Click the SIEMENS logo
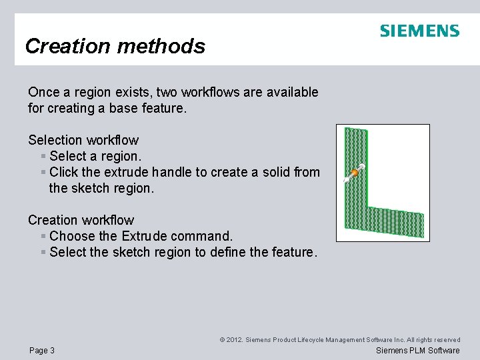click(x=419, y=31)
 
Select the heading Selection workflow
click(x=83, y=140)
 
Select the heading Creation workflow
click(x=81, y=220)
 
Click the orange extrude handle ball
click(x=355, y=173)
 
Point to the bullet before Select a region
click(x=43, y=157)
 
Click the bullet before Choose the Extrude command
click(x=43, y=237)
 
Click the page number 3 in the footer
click(x=52, y=351)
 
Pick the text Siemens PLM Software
click(x=418, y=351)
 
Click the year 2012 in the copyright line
click(x=235, y=340)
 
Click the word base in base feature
click(x=125, y=108)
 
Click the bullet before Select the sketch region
click(x=43, y=253)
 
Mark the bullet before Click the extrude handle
click(x=43, y=173)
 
